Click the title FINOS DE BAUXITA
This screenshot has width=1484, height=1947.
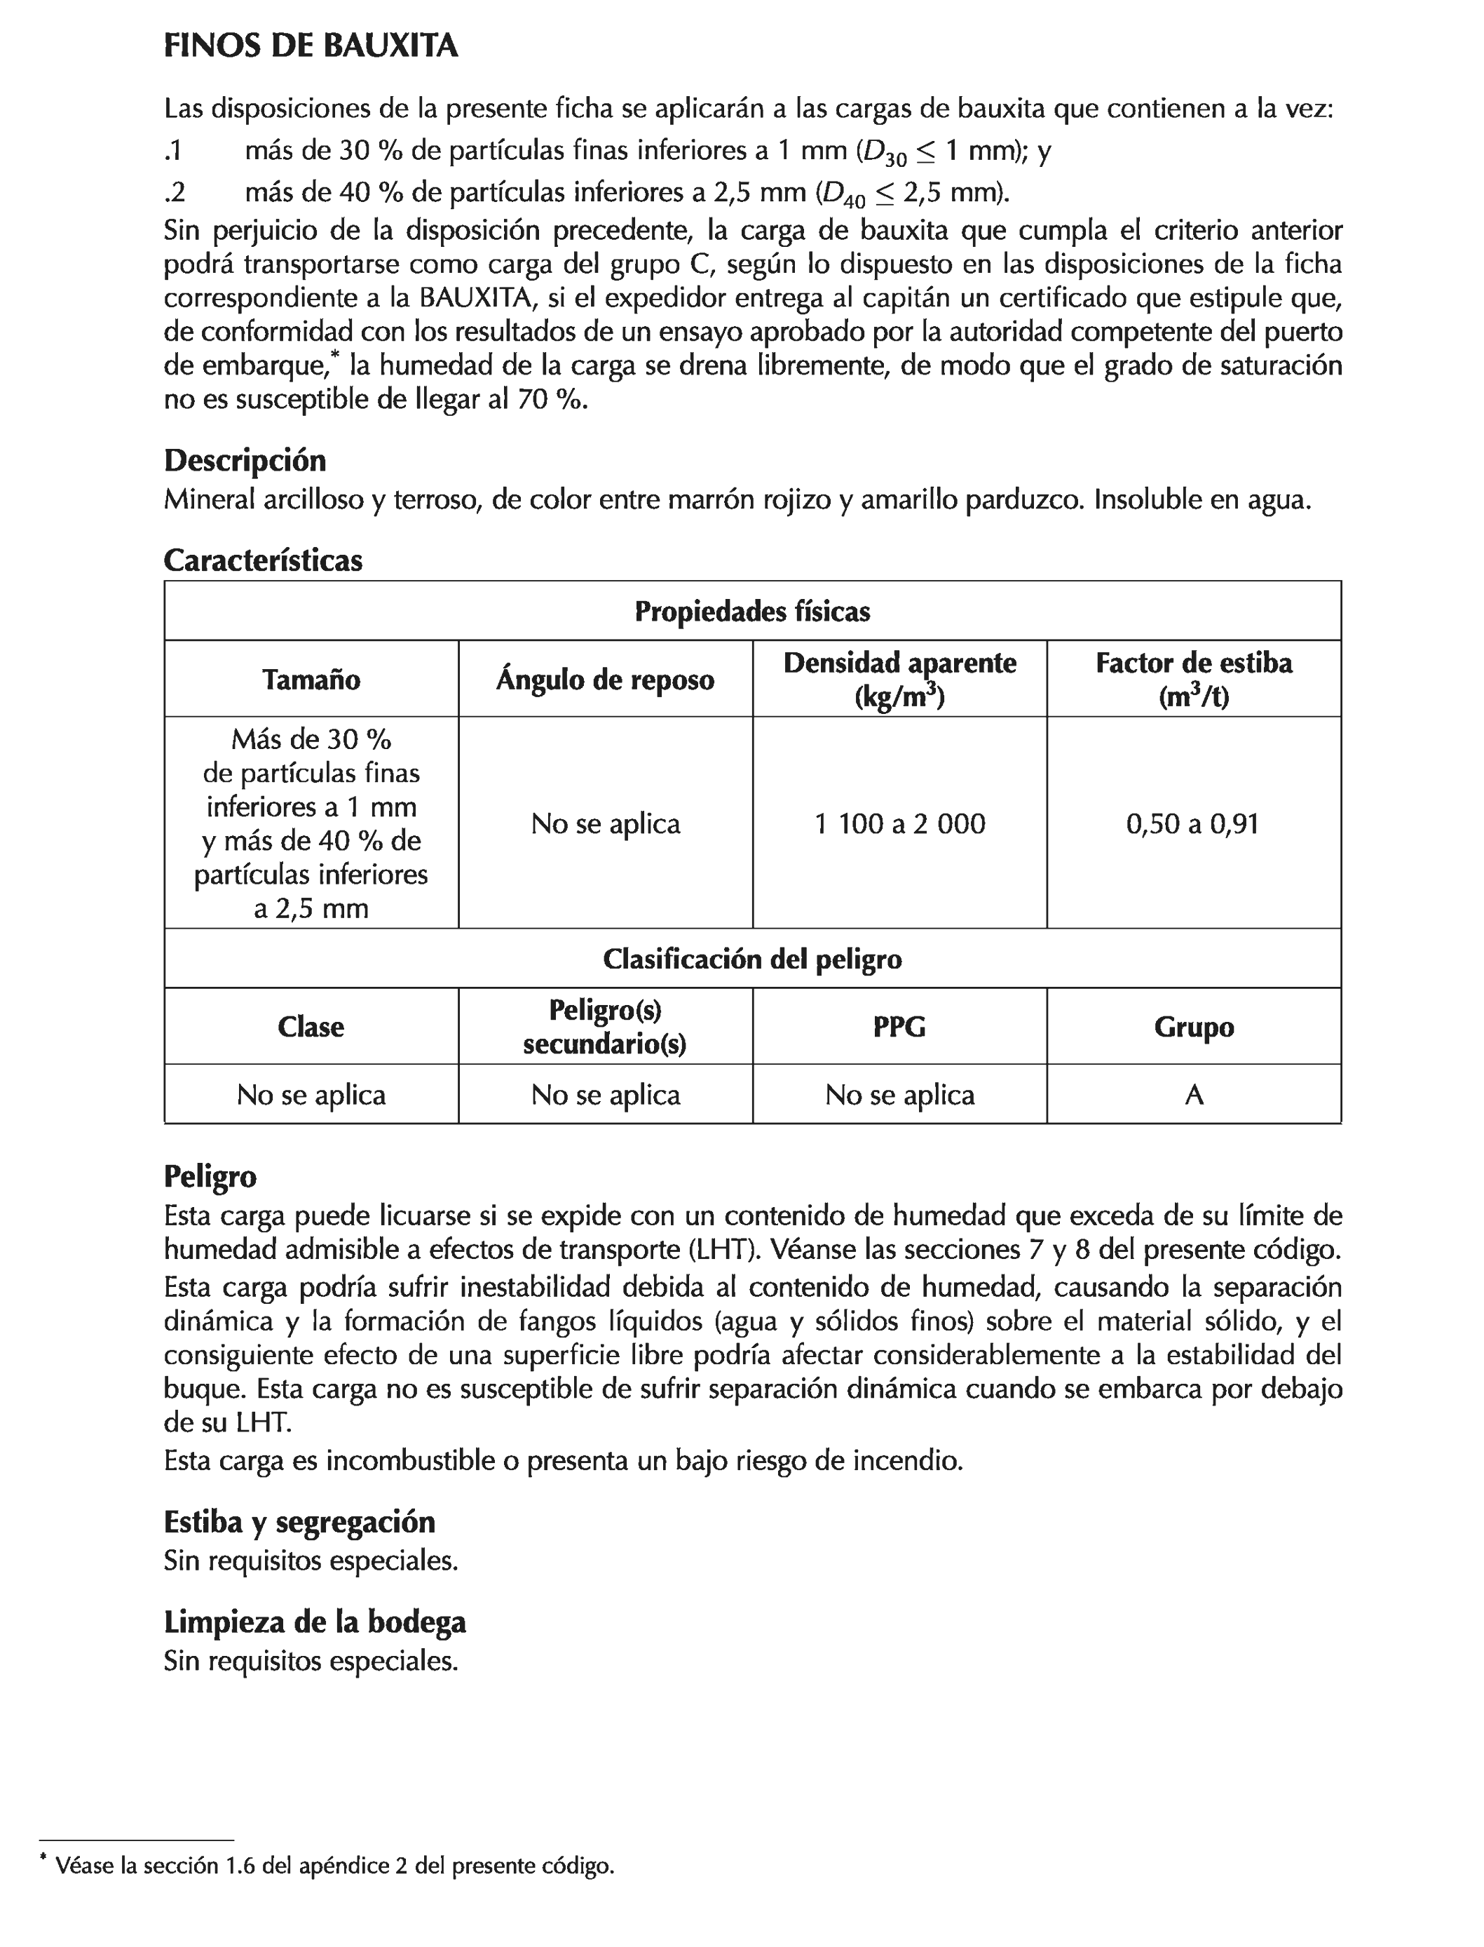pos(311,46)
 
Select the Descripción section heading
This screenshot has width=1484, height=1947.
pos(245,461)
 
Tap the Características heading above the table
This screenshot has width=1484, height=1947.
pos(264,560)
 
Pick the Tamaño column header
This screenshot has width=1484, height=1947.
pos(311,680)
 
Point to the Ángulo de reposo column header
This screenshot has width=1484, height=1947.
pos(605,680)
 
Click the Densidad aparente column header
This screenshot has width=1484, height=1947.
pos(899,680)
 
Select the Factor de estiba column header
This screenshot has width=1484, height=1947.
pos(1193,680)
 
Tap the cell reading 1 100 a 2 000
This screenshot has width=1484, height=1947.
pos(899,823)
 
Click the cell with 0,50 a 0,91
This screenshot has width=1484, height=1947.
pos(1192,823)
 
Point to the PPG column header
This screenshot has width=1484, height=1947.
pos(899,1027)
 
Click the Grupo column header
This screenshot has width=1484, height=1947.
pos(1193,1027)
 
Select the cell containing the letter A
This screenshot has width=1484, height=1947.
pos(1193,1095)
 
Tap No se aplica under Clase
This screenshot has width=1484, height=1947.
pos(311,1095)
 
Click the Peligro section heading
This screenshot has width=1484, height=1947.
pos(210,1176)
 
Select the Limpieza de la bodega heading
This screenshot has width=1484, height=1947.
pos(315,1622)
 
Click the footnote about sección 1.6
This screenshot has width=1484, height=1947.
pos(334,1866)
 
